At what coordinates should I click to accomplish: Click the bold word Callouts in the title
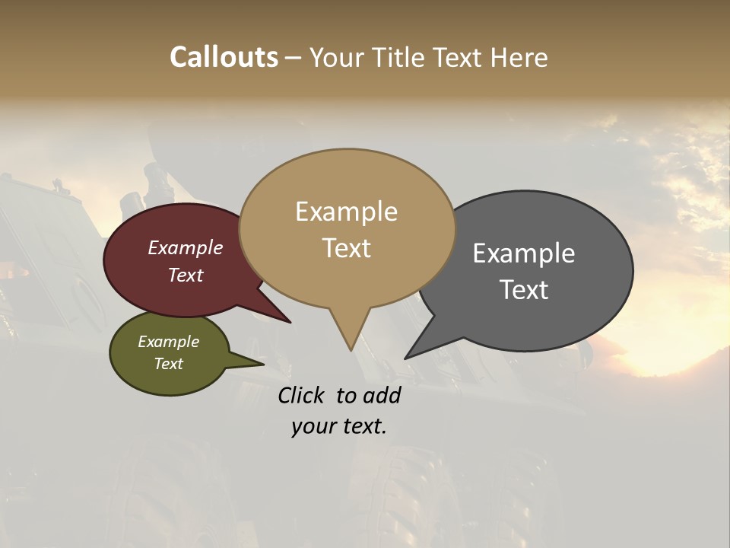click(224, 57)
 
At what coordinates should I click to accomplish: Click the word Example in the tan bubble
click(346, 212)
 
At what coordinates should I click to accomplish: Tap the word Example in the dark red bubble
click(185, 248)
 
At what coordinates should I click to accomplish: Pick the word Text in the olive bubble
click(168, 364)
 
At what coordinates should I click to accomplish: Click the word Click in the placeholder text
click(302, 395)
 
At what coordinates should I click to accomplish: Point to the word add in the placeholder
click(381, 395)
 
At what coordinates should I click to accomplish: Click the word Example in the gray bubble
click(523, 253)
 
